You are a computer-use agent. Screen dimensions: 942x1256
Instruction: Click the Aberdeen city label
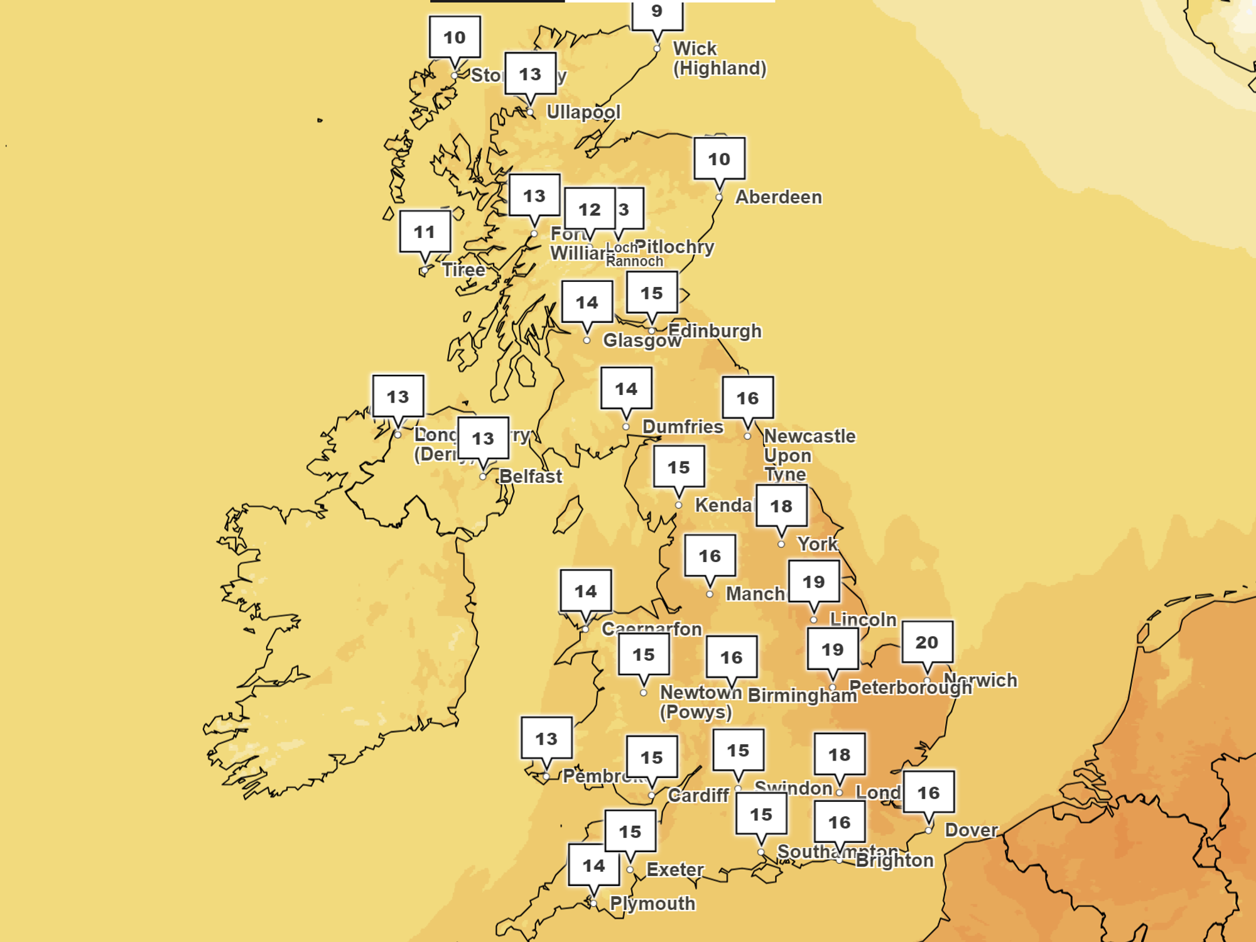coord(778,197)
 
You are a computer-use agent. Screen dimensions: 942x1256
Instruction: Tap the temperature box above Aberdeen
coord(720,159)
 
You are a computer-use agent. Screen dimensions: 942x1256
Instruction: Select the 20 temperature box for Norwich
coord(927,642)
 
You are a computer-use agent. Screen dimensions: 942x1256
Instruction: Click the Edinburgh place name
coord(715,330)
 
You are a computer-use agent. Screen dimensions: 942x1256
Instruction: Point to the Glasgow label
coord(642,340)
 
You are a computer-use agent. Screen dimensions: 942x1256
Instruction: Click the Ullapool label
coord(583,112)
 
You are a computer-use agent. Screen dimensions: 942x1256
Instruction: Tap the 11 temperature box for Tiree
coord(425,232)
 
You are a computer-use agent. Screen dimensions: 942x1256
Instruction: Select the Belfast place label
coord(531,476)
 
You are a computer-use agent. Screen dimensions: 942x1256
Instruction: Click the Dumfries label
coord(683,427)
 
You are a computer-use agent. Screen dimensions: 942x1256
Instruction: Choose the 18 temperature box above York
coord(781,506)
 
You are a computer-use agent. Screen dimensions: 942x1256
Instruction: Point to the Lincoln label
coord(863,620)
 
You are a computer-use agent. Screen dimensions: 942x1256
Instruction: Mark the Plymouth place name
coord(652,904)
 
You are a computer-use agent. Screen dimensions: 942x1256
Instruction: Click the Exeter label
coord(675,870)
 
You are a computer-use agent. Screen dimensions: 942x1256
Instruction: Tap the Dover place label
coord(971,830)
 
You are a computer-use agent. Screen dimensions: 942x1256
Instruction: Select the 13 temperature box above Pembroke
coord(546,739)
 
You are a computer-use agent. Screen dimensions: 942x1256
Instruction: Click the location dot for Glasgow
coord(587,340)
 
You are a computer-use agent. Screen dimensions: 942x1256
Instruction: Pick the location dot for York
coord(781,544)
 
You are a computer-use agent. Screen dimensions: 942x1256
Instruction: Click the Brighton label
coord(894,860)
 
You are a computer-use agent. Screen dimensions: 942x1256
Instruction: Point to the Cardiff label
coord(698,796)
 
